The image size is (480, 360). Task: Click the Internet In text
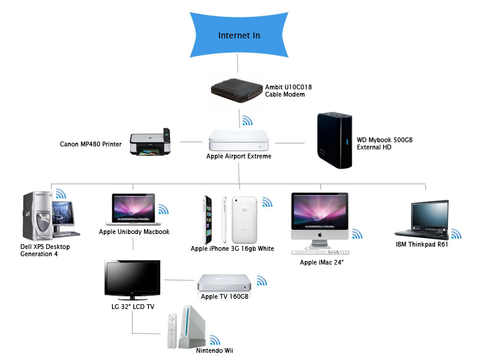coord(239,36)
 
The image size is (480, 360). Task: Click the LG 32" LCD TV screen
coord(132,279)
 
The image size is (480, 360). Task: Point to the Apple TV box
coord(221,283)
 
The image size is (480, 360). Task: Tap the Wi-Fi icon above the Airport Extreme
coord(247,121)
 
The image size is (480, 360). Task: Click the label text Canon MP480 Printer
coord(91,144)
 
